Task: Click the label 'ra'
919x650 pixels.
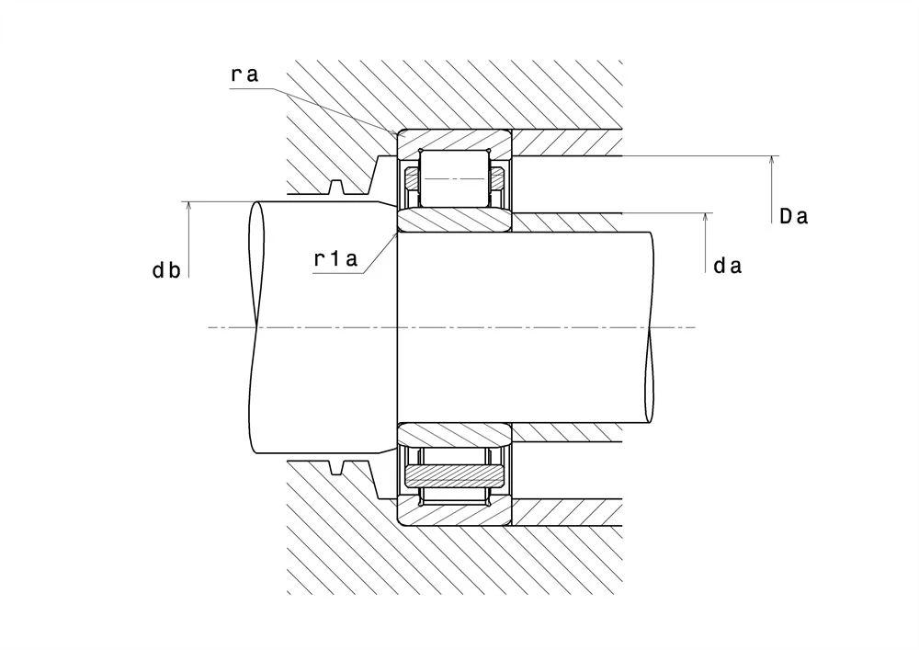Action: point(244,75)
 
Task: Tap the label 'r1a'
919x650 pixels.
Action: point(335,258)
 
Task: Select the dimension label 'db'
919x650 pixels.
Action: point(166,270)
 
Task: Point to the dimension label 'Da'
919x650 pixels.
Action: point(794,216)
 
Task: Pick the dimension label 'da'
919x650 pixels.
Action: point(727,266)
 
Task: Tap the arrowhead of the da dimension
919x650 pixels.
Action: point(706,218)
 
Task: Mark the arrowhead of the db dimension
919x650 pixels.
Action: point(188,206)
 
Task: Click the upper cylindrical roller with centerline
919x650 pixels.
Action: point(454,178)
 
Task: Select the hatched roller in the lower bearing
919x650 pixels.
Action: point(455,475)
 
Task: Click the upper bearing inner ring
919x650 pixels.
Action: point(455,220)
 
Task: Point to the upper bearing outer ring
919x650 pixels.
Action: point(455,143)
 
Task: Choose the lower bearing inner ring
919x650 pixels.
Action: point(455,434)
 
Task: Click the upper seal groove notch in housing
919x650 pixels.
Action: point(335,188)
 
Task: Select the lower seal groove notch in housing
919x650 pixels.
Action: point(335,467)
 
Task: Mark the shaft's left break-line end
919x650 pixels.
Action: point(255,327)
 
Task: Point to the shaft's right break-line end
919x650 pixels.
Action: point(650,327)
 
